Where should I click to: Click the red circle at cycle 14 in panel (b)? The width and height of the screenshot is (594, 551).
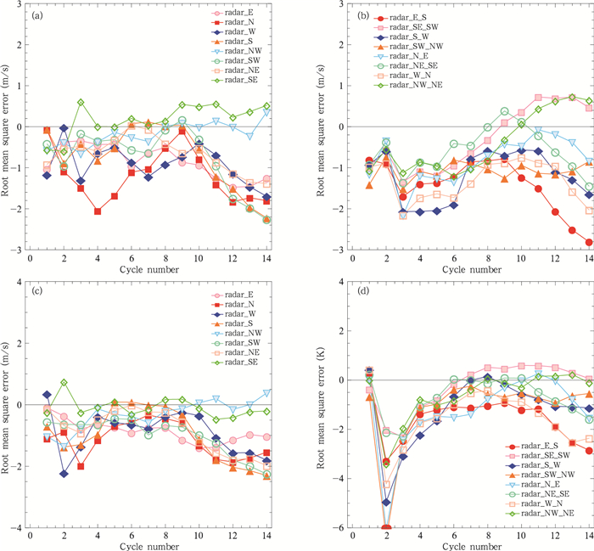(588, 242)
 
